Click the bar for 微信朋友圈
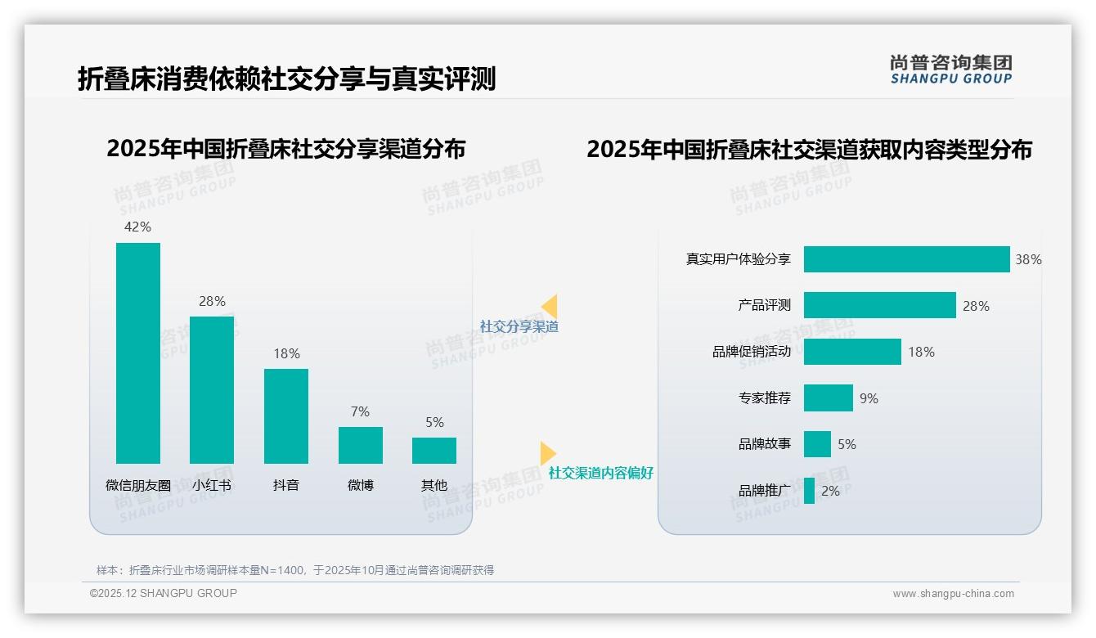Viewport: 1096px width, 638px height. tap(138, 353)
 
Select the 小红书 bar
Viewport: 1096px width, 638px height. tap(212, 389)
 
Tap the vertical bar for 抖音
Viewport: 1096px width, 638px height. tap(286, 416)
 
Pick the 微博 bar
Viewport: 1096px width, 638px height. tap(360, 445)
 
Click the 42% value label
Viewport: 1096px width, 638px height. tap(137, 227)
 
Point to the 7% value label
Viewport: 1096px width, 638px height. tap(360, 411)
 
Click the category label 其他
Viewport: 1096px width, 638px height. tap(434, 485)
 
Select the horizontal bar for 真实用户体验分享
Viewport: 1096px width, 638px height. tap(906, 259)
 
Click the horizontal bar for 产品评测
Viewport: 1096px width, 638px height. tap(879, 305)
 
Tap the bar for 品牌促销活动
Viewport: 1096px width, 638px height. tap(852, 352)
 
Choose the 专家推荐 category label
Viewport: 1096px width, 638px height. tap(765, 398)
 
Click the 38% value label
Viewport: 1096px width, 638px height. tap(1028, 259)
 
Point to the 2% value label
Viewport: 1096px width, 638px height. tap(830, 491)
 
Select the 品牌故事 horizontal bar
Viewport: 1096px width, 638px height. tap(817, 444)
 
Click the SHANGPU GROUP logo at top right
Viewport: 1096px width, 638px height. tap(950, 70)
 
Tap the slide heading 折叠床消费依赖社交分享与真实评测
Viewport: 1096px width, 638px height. tap(287, 79)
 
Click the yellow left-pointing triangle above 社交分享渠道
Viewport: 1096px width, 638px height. tap(550, 307)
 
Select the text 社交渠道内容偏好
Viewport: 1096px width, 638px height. tap(601, 473)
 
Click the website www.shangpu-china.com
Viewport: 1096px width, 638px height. tap(953, 594)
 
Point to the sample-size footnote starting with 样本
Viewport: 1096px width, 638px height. tap(295, 570)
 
